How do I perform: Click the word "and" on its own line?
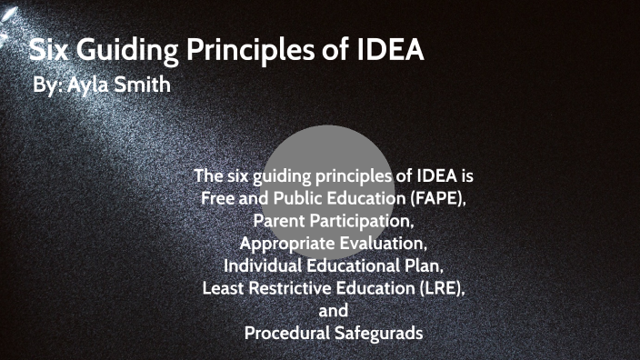(x=334, y=311)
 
